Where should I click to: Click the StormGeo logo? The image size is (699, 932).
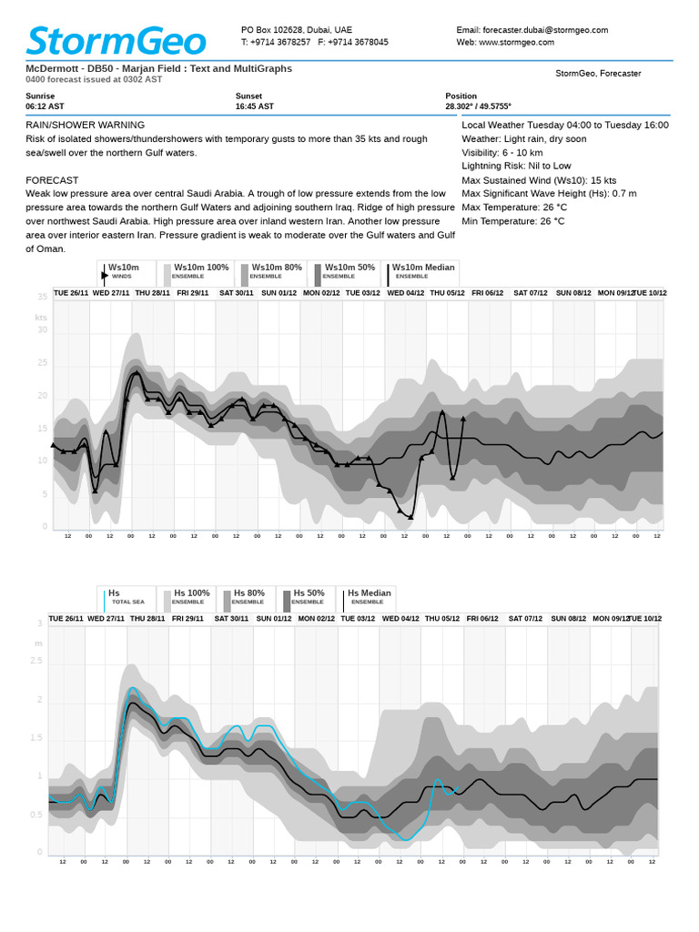[x=116, y=40]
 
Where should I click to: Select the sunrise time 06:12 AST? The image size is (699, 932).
[x=46, y=106]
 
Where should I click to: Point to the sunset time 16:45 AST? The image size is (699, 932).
[x=255, y=106]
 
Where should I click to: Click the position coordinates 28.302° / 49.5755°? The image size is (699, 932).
[x=478, y=106]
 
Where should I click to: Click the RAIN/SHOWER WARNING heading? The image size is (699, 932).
[x=85, y=125]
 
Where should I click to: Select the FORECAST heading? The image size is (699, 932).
[x=52, y=180]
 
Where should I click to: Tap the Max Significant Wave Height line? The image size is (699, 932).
[x=549, y=193]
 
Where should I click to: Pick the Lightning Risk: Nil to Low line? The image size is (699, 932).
[x=516, y=167]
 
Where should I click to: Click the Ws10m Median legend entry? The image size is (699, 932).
[x=422, y=271]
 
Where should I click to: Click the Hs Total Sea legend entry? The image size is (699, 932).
[x=125, y=597]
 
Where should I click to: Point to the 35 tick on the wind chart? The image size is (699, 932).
[x=42, y=297]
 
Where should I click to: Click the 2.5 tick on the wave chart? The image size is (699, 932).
[x=36, y=661]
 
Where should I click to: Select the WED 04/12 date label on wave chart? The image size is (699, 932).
[x=400, y=619]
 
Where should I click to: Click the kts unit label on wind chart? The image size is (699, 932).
[x=41, y=318]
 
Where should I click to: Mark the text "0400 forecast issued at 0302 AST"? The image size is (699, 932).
[x=94, y=80]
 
